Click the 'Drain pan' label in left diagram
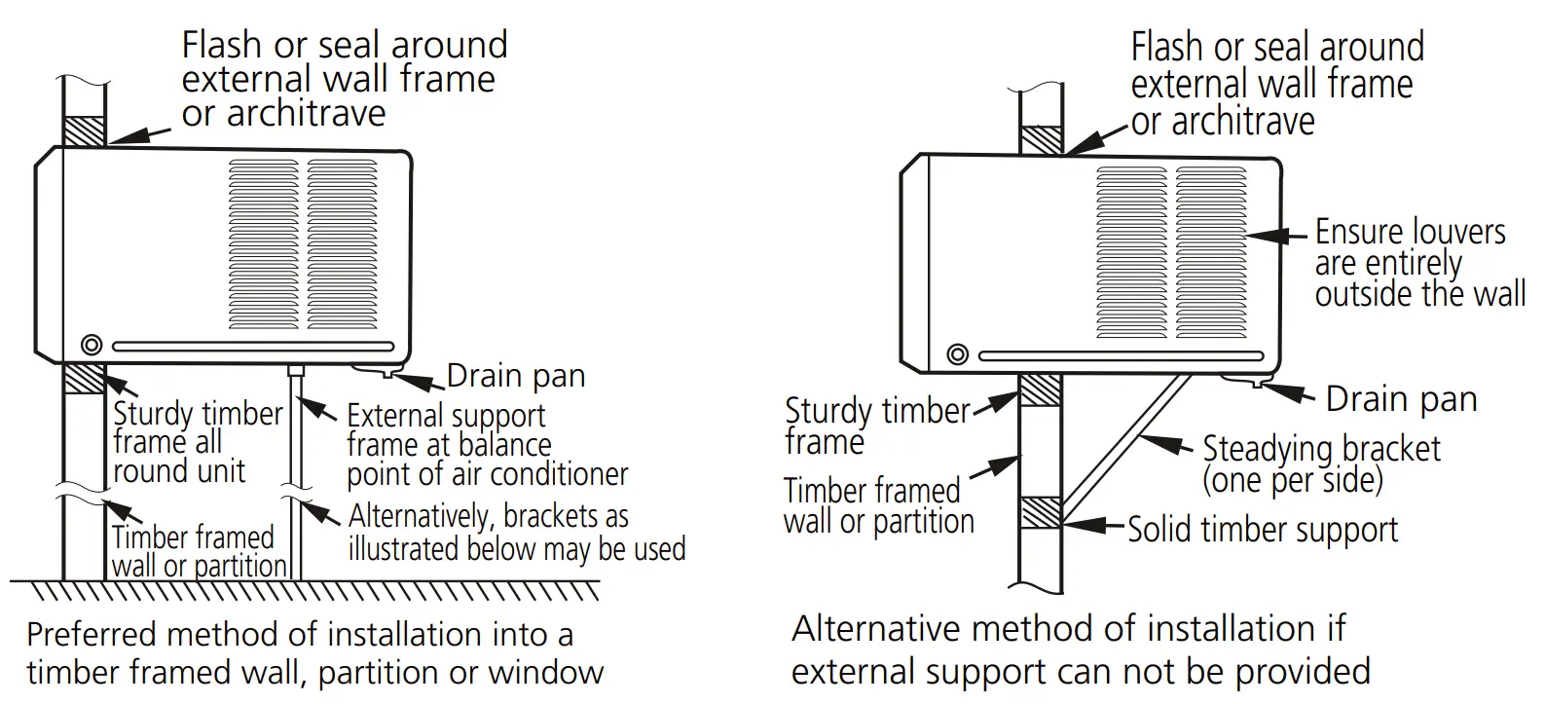point(515,376)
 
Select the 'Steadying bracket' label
point(1320,449)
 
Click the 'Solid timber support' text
point(1262,530)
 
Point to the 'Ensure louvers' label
point(1409,232)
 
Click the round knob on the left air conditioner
point(92,345)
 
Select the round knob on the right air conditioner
point(958,354)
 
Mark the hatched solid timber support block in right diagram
point(1041,512)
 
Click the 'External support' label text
point(445,416)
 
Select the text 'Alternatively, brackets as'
point(488,516)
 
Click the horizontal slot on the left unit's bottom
point(253,346)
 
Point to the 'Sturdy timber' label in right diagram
point(877,411)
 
